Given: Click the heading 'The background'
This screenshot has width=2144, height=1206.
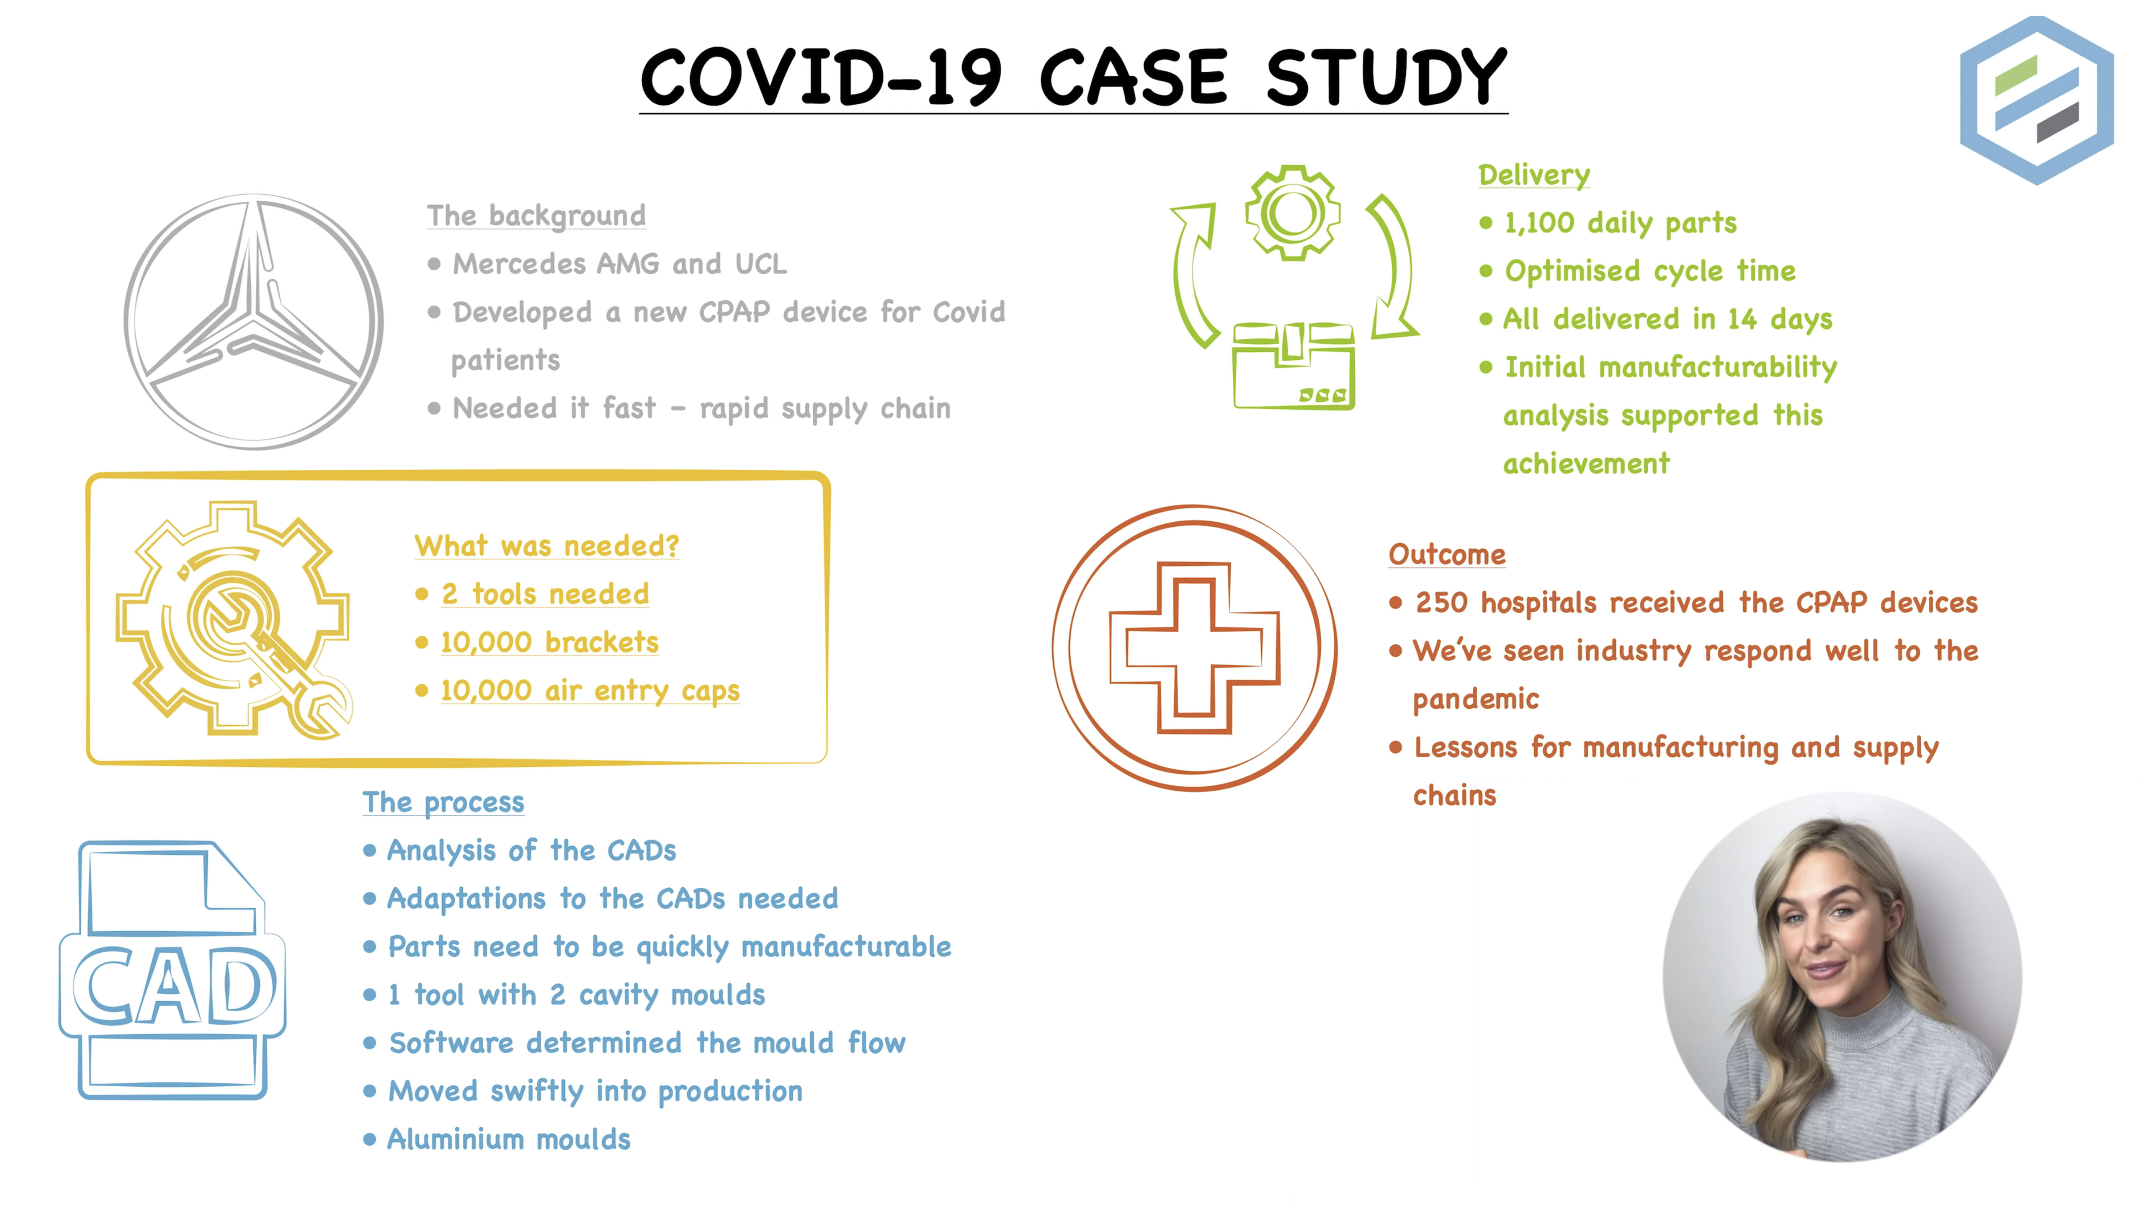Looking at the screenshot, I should click(x=536, y=216).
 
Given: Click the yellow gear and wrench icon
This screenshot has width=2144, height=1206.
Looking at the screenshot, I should click(x=233, y=620).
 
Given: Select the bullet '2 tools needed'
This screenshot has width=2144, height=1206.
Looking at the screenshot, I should click(x=545, y=594).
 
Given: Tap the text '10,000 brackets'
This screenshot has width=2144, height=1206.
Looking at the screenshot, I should click(x=549, y=642).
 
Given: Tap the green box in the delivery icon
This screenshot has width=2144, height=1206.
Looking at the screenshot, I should click(x=1294, y=368).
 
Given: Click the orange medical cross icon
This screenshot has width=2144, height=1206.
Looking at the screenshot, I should click(x=1194, y=647).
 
